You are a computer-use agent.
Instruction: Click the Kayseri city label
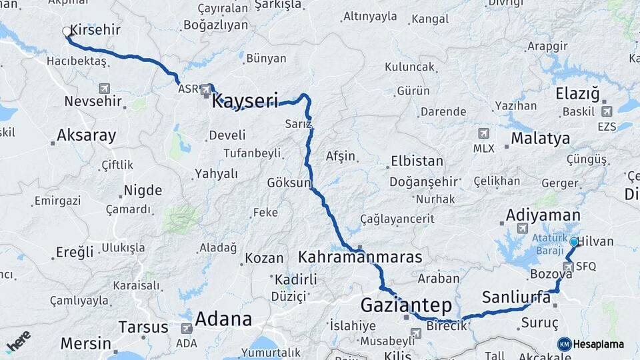(245, 101)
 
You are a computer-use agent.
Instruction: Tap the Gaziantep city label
(406, 305)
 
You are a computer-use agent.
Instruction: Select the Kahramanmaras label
(360, 257)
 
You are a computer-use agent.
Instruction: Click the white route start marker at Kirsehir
(67, 31)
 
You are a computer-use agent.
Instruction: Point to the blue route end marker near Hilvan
(573, 242)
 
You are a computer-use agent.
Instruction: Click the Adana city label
(223, 319)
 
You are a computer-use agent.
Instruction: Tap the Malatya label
(540, 139)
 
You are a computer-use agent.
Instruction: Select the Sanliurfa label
(516, 297)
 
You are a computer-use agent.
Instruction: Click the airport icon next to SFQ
(567, 267)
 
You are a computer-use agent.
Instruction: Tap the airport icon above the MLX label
(483, 134)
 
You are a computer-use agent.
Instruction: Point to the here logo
(19, 341)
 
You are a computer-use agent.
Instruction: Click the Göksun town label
(289, 182)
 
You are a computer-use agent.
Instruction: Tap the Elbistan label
(417, 161)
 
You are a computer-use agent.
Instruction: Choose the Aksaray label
(86, 135)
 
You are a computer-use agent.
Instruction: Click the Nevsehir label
(93, 101)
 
